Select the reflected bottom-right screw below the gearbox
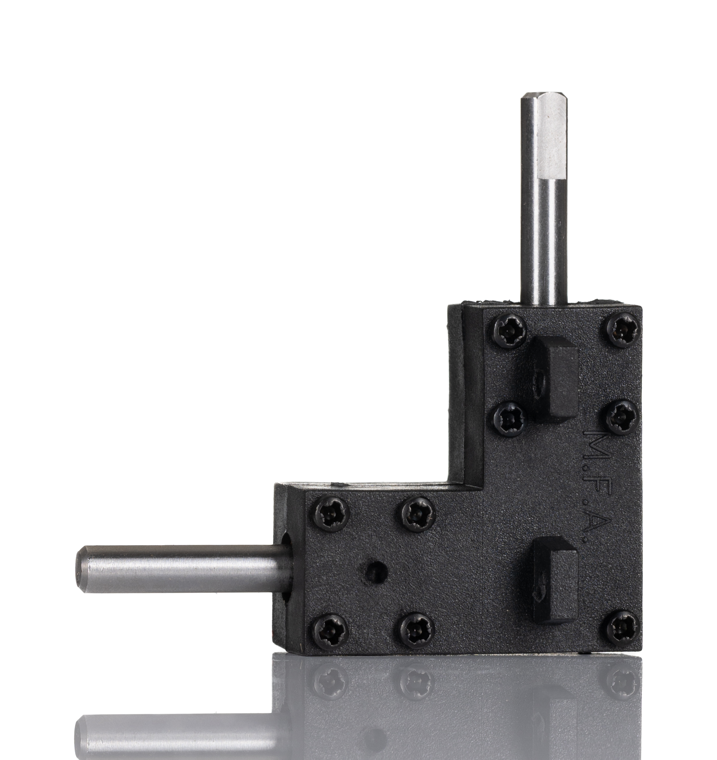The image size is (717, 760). click(x=623, y=684)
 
